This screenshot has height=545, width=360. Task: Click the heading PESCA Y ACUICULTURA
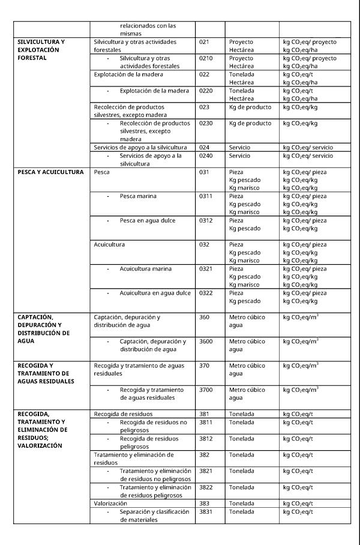click(50, 172)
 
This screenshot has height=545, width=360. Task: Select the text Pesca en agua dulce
click(148, 220)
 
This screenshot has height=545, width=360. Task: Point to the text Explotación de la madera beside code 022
click(128, 74)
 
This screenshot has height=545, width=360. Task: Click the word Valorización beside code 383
click(110, 504)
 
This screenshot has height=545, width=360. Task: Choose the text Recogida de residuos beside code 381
click(123, 414)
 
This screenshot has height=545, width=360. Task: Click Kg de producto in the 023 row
click(250, 107)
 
